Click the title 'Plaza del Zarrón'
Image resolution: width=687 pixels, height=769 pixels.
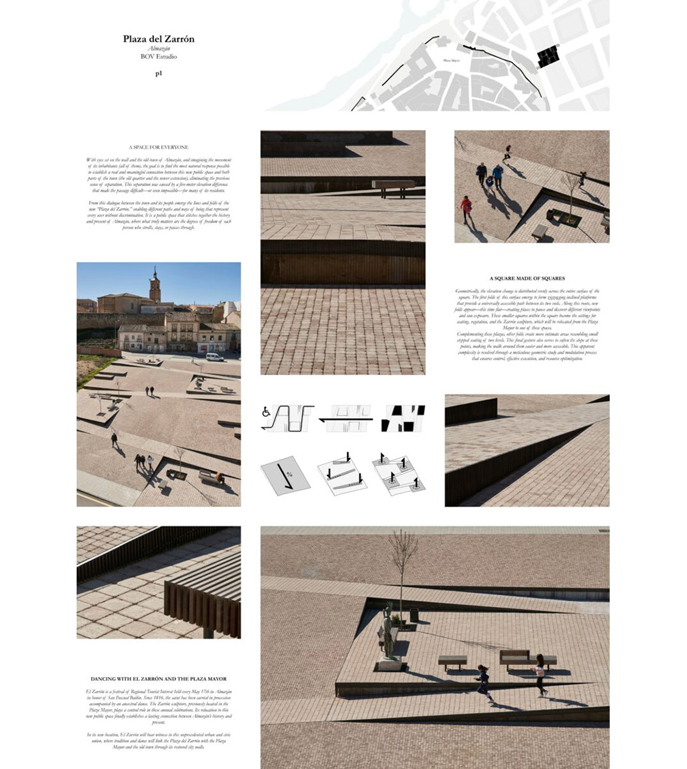tap(159, 39)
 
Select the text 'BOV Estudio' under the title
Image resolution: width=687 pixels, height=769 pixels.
tap(159, 57)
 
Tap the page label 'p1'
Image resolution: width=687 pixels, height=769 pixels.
tap(159, 73)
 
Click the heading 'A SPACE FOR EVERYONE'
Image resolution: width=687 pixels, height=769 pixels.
tap(159, 147)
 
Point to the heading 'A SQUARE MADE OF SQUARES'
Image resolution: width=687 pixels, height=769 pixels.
tap(527, 278)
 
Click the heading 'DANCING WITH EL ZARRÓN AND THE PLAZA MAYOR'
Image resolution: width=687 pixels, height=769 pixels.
tap(159, 679)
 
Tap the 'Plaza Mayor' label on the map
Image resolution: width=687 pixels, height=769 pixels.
tap(451, 61)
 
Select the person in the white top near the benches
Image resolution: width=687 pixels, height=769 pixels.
tap(540, 674)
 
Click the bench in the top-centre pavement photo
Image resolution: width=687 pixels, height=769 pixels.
tap(393, 187)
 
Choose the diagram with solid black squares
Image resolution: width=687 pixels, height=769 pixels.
tap(403, 419)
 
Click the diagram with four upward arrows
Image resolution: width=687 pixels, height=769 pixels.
tap(398, 475)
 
